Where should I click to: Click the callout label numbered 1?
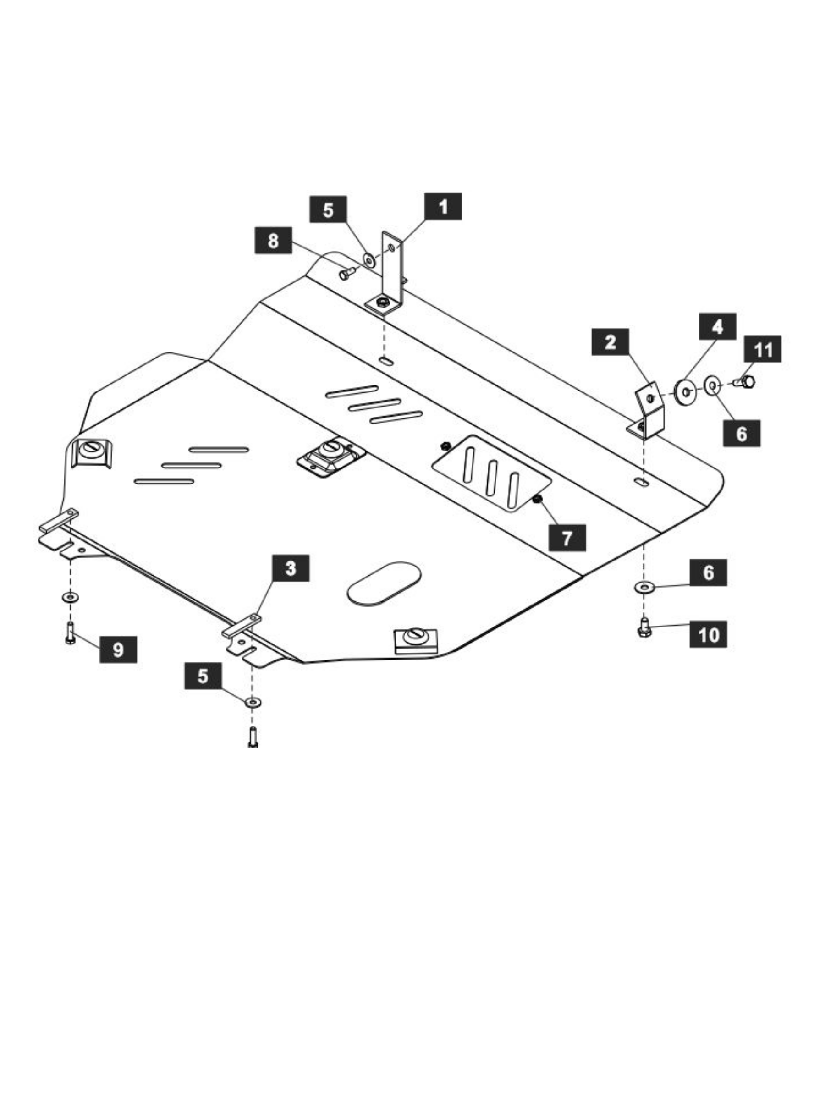pyautogui.click(x=443, y=206)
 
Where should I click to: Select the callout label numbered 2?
pyautogui.click(x=610, y=341)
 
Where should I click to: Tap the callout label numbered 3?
pyautogui.click(x=291, y=568)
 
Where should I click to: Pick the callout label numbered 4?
pyautogui.click(x=717, y=326)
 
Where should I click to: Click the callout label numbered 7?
pyautogui.click(x=567, y=538)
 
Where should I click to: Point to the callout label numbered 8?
pyautogui.click(x=273, y=240)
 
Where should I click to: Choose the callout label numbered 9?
pyautogui.click(x=118, y=649)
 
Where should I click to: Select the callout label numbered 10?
pyautogui.click(x=708, y=634)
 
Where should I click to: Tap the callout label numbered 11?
pyautogui.click(x=762, y=349)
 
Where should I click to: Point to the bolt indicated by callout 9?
pyautogui.click(x=71, y=633)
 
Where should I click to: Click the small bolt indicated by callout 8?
pyautogui.click(x=347, y=273)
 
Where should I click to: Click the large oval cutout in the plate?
pyautogui.click(x=384, y=583)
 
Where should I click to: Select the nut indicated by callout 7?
pyautogui.click(x=537, y=498)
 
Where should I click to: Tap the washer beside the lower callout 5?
pyautogui.click(x=253, y=702)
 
